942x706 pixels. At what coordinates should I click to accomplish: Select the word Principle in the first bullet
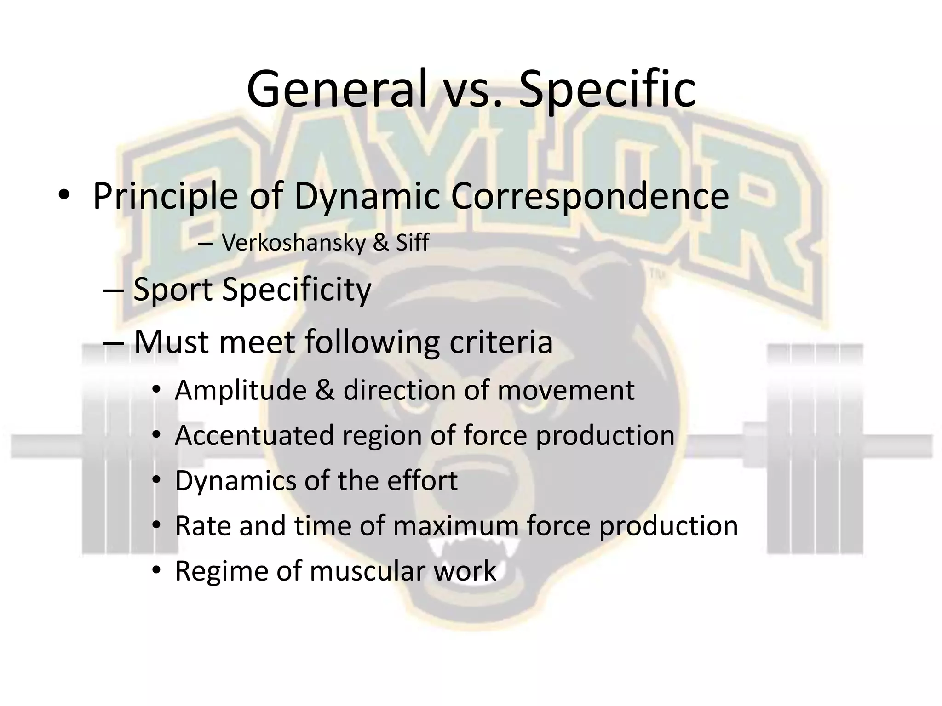[x=166, y=197]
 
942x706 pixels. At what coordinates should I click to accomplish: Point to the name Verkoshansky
[x=293, y=243]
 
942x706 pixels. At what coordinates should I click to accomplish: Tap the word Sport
[x=172, y=290]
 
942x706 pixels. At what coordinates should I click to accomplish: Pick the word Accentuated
[x=254, y=435]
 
